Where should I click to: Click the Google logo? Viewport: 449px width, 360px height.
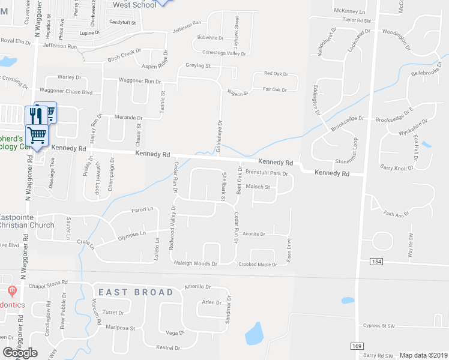[x=20, y=353]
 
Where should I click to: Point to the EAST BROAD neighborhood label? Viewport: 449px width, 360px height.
[x=136, y=292]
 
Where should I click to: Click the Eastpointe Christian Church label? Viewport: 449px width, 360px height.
[x=27, y=221]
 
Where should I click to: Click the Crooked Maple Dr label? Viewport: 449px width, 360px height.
[x=258, y=264]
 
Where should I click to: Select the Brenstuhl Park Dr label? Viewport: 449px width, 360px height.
[x=267, y=173]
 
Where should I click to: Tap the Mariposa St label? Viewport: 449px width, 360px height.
[x=118, y=328]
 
